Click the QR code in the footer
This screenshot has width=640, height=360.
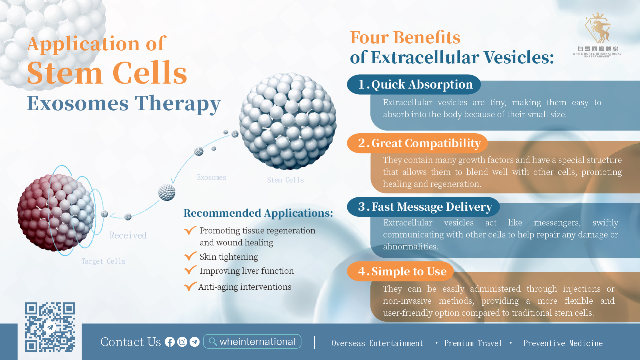pos(50,327)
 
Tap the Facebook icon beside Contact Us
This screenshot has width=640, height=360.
pos(170,342)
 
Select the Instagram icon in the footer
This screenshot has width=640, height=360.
pos(182,342)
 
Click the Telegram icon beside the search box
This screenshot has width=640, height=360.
pos(195,342)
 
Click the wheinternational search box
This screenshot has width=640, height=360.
pos(252,342)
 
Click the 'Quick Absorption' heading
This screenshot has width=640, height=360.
pos(415,85)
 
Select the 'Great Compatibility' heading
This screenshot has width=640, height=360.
pos(419,143)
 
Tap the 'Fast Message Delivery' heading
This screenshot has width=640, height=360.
pos(425,207)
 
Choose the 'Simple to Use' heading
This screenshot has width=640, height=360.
pos(402,271)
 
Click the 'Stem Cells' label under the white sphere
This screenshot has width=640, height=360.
pos(286,180)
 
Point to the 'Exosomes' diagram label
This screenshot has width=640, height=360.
pos(212,178)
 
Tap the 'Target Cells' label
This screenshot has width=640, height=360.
pos(103,261)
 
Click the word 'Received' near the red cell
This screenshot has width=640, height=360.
pos(128,235)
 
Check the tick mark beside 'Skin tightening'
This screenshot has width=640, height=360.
pos(190,256)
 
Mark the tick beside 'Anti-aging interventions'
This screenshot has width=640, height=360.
pos(190,286)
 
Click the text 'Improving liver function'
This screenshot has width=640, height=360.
pos(247,271)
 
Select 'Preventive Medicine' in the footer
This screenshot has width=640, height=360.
pos(563,343)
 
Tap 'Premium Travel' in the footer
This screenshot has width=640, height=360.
pos(473,343)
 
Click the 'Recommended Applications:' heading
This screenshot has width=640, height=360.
pos(258,213)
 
